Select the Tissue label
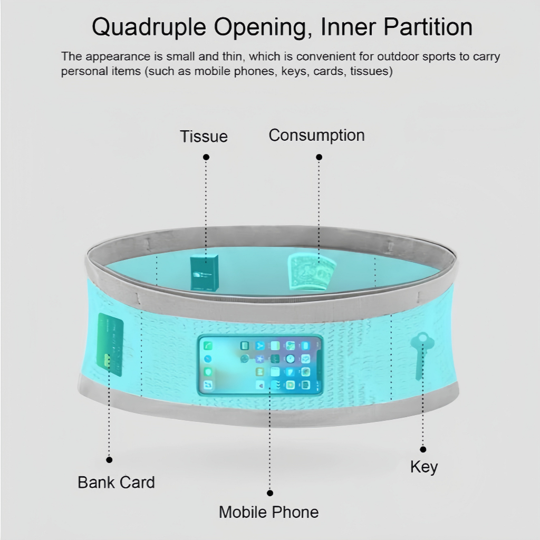click(x=204, y=136)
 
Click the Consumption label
click(x=316, y=135)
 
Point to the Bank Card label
click(x=116, y=482)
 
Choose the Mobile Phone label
click(x=268, y=512)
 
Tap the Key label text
click(x=423, y=467)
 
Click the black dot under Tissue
click(x=206, y=157)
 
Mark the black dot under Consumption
click(x=319, y=157)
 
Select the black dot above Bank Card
click(x=110, y=460)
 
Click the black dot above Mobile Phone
click(x=270, y=493)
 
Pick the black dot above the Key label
click(x=423, y=449)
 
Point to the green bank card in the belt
click(x=111, y=345)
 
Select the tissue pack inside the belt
click(x=205, y=273)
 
